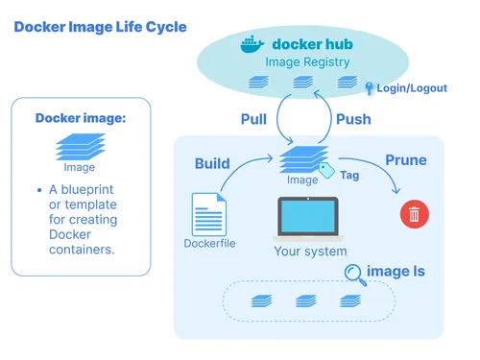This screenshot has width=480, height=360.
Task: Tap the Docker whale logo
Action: pyautogui.click(x=251, y=44)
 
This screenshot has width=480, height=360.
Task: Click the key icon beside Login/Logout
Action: pyautogui.click(x=369, y=87)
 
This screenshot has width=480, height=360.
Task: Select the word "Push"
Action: pyautogui.click(x=353, y=119)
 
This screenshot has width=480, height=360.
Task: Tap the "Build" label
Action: pyautogui.click(x=212, y=162)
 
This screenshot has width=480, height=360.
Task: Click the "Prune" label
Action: pyautogui.click(x=405, y=158)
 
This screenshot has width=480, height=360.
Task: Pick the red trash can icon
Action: pyautogui.click(x=414, y=213)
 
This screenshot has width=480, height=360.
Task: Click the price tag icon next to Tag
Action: pyautogui.click(x=325, y=171)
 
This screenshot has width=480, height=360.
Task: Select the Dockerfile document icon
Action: pyautogui.click(x=208, y=213)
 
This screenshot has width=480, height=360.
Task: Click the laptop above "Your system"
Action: pyautogui.click(x=307, y=218)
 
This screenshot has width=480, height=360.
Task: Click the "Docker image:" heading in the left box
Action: pyautogui.click(x=81, y=118)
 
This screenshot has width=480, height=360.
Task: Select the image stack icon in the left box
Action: pyautogui.click(x=80, y=146)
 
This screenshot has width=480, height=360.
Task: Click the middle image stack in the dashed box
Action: pyautogui.click(x=305, y=300)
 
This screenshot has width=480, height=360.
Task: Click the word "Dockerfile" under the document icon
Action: pyautogui.click(x=209, y=243)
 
